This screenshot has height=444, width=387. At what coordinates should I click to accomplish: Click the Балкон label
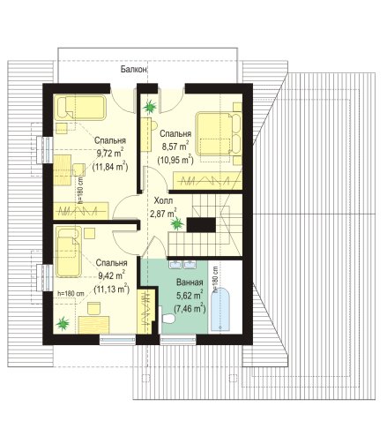[x=134, y=70]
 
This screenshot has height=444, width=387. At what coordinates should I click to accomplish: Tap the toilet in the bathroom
[x=168, y=319]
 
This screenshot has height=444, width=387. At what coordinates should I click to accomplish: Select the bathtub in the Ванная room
[x=220, y=309]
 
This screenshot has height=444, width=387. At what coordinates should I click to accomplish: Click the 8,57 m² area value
[x=175, y=146]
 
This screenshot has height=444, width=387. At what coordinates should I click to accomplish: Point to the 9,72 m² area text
[x=110, y=153]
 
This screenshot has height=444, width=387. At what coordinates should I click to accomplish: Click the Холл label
[x=163, y=201]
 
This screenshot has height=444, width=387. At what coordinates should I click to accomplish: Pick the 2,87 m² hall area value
[x=163, y=213]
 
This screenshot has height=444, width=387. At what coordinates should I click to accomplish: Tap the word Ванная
[x=190, y=282]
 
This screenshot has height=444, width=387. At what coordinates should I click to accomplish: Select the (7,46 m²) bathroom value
[x=190, y=308]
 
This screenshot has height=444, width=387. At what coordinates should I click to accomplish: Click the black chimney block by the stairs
[x=201, y=225]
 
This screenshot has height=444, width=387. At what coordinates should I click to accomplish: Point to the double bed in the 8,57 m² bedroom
[x=218, y=133]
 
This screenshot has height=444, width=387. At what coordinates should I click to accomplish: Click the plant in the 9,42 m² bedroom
[x=63, y=324]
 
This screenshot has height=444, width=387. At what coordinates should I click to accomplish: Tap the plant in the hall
[x=177, y=223]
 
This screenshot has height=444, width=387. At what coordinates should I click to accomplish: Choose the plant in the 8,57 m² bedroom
[x=150, y=106]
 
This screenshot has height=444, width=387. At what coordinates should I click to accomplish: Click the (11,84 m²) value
[x=110, y=167]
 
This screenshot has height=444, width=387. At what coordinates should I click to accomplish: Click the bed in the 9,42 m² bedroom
[x=69, y=252]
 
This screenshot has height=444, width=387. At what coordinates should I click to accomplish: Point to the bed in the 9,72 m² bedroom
[x=80, y=108]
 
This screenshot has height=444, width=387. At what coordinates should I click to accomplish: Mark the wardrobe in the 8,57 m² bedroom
[x=207, y=180]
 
